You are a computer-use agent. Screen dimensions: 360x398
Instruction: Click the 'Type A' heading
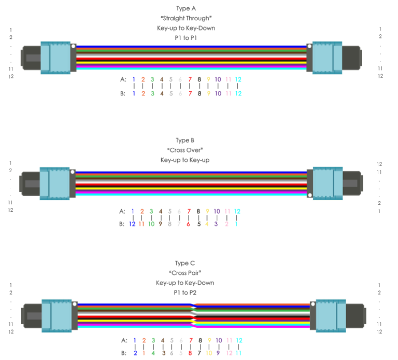pos(185,8)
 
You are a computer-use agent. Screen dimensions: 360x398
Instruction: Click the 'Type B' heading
pos(185,141)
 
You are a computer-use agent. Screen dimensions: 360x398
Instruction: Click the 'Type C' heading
pos(185,264)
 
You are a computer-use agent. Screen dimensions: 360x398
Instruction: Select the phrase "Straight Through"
pos(185,18)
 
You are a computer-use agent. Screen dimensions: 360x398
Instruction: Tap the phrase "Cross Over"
pos(185,150)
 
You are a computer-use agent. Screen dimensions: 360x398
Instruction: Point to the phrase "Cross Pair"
pos(185,273)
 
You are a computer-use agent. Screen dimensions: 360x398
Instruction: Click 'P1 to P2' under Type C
pos(185,293)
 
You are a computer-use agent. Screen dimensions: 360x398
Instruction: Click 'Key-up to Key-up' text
pos(185,160)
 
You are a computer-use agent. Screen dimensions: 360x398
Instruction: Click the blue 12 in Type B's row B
pos(133,224)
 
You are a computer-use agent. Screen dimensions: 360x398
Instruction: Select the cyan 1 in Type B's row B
pos(237,224)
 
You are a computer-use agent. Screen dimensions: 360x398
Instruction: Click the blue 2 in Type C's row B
pos(135,353)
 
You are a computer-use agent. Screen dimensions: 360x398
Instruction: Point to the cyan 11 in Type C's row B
pos(238,353)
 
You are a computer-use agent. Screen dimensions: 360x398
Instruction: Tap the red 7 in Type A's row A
pos(190,79)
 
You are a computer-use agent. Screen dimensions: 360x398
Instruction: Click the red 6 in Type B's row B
pos(189,224)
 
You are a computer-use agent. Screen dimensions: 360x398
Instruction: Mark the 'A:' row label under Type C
pos(123,341)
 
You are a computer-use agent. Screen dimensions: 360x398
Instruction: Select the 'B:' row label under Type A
pos(123,93)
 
